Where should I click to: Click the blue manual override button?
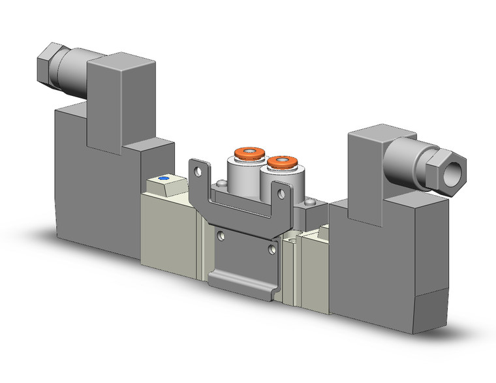[163, 179]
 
